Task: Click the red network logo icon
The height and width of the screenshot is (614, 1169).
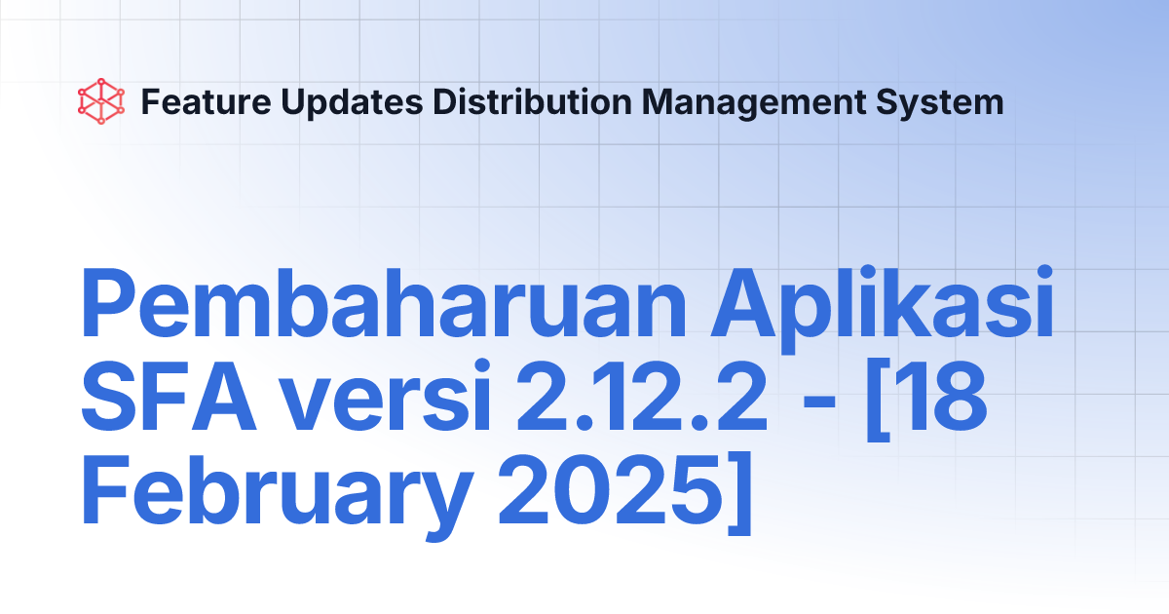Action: (x=102, y=101)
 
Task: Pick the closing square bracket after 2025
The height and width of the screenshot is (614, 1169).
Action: (x=738, y=495)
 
